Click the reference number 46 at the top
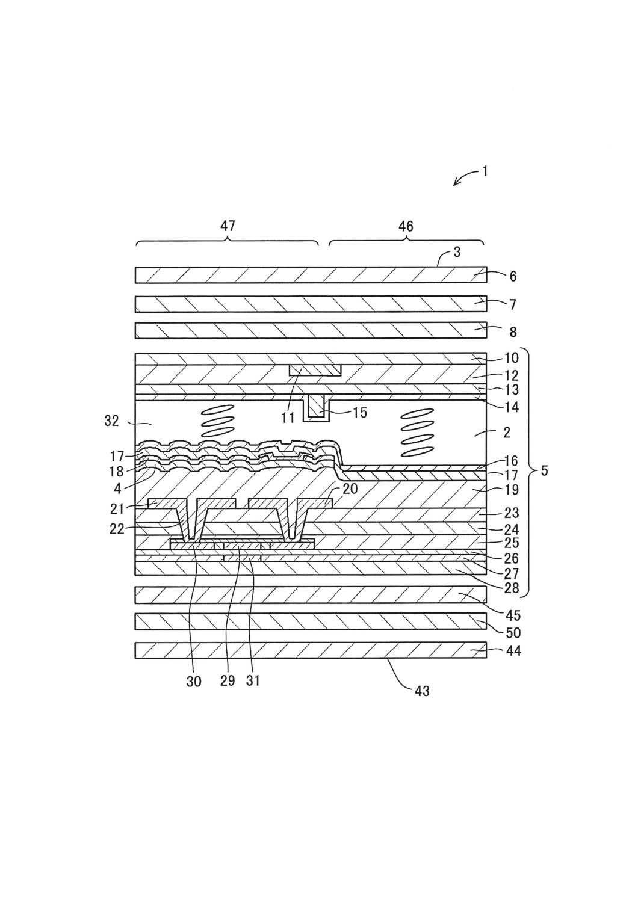coord(406,226)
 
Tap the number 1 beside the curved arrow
coord(485,171)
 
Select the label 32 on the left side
coord(112,421)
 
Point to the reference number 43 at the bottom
coord(422,691)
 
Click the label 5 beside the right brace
coord(544,470)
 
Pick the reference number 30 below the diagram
coord(194,682)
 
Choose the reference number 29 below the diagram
coord(227,682)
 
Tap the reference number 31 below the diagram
coord(253,682)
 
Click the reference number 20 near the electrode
coord(350,489)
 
